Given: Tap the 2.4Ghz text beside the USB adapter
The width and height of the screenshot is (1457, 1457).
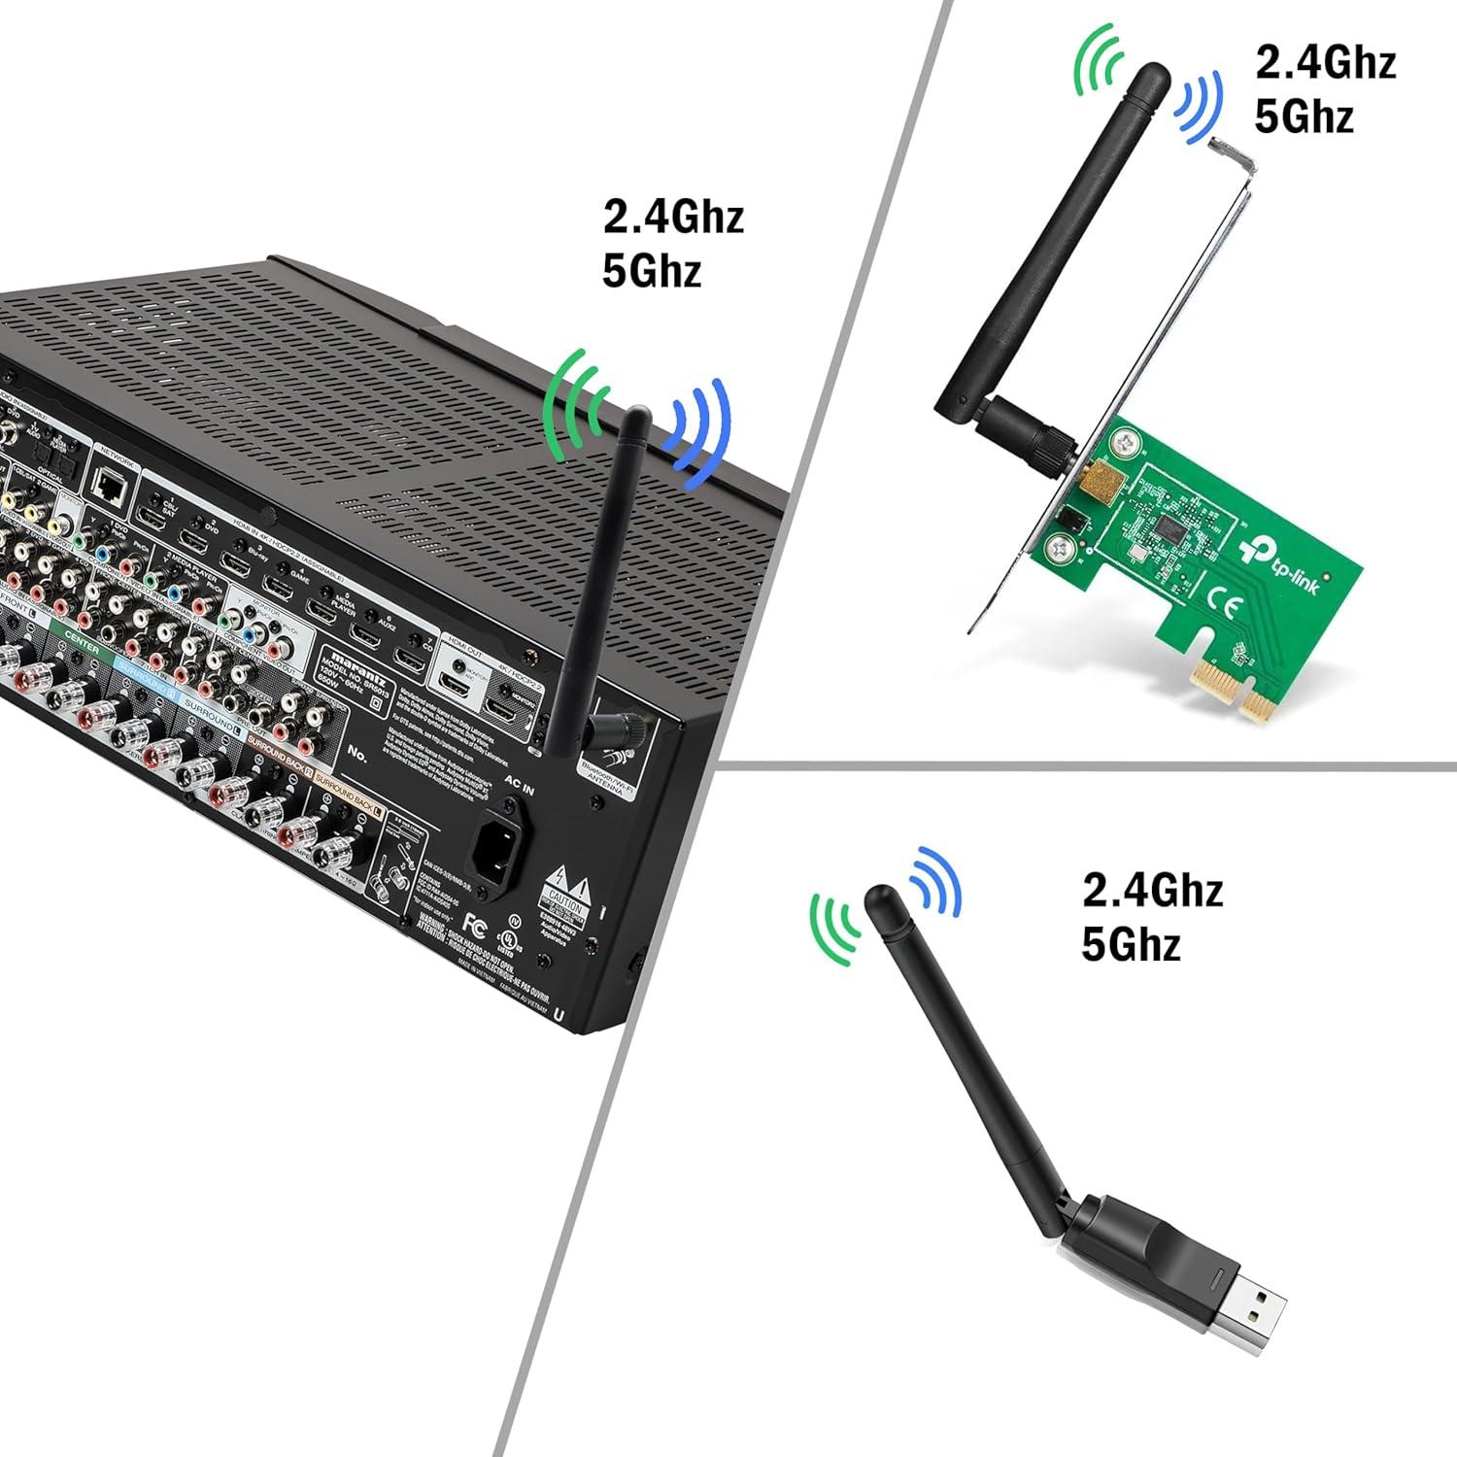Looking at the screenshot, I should pos(1152,890).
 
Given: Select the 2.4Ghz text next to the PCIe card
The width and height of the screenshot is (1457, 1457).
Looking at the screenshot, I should pos(1325,62).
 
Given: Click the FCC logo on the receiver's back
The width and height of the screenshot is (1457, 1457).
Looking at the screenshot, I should pos(475,922).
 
